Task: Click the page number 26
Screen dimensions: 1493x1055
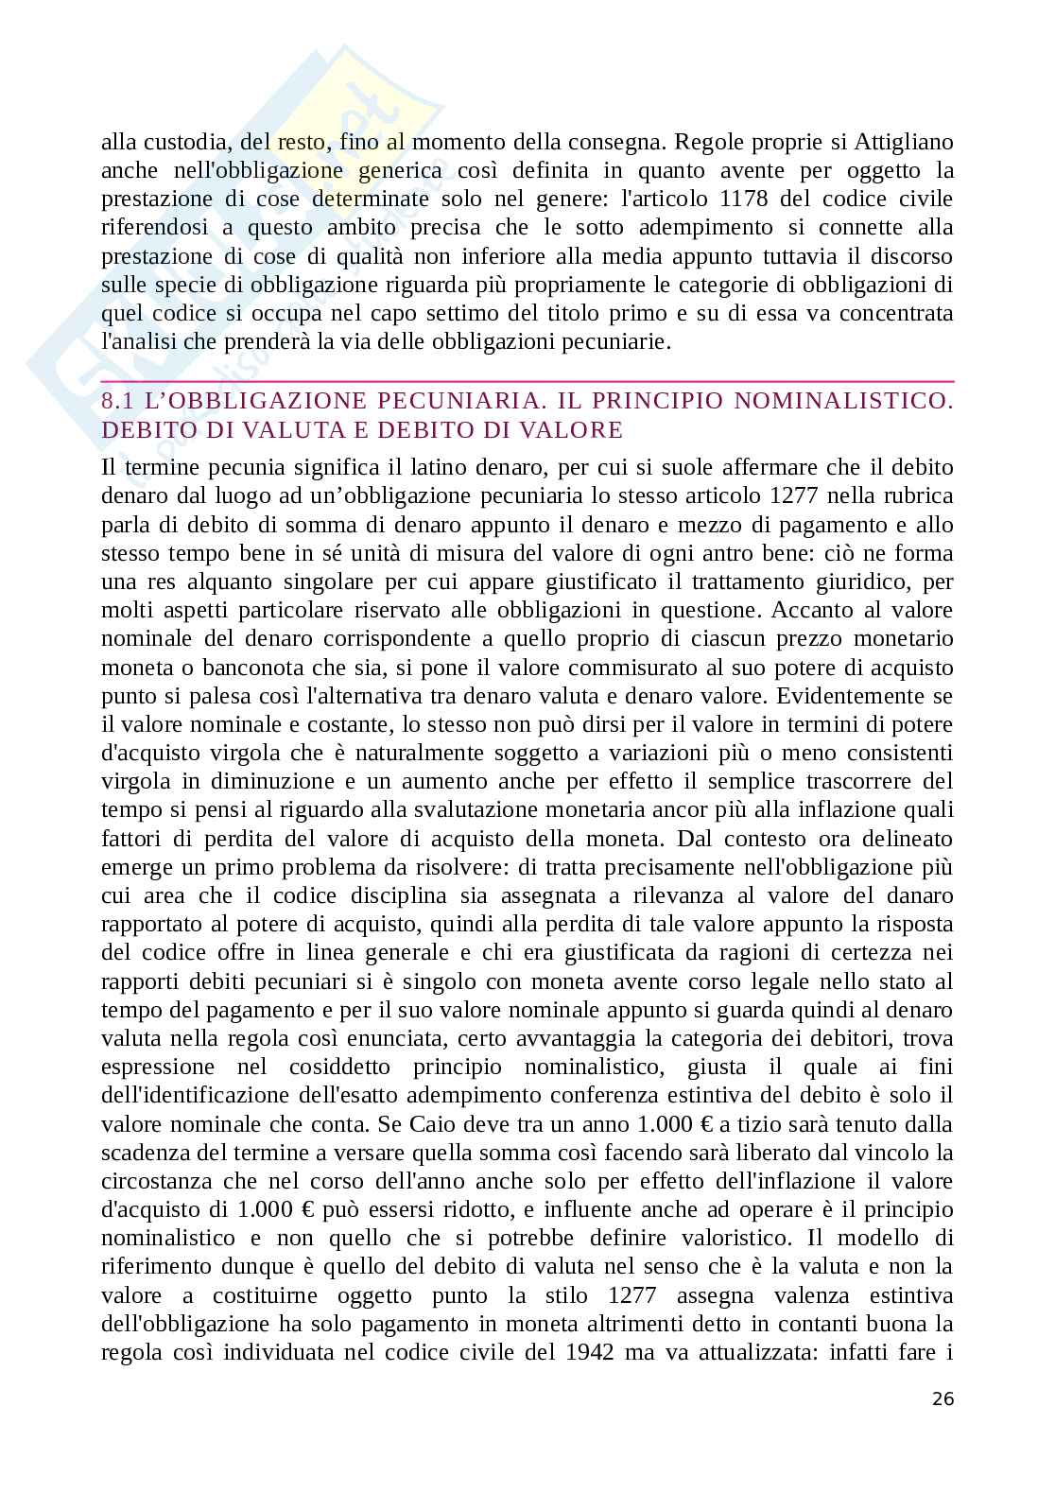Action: pos(943,1400)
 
